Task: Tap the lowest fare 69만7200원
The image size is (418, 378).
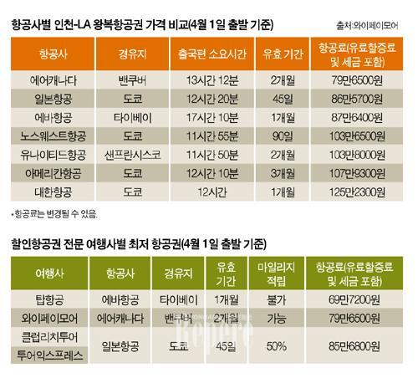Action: tap(353, 299)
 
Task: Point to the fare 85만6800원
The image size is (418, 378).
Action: tap(353, 343)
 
